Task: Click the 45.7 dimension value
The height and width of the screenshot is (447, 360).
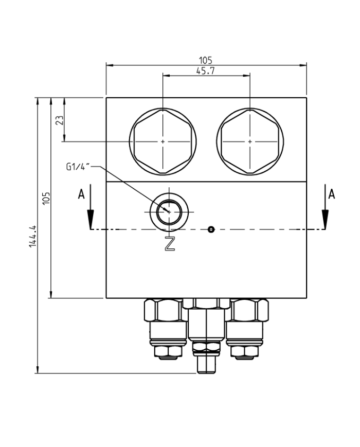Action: pyautogui.click(x=206, y=71)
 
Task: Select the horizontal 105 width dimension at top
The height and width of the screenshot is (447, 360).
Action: pyautogui.click(x=206, y=61)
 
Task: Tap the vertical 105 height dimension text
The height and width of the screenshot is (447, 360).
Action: pyautogui.click(x=46, y=198)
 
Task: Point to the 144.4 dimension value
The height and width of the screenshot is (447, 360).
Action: pyautogui.click(x=32, y=236)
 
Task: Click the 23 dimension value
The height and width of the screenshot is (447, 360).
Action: pyautogui.click(x=60, y=120)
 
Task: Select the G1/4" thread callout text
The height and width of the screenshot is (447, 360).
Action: pyautogui.click(x=78, y=166)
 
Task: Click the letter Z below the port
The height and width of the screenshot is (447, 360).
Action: pyautogui.click(x=170, y=244)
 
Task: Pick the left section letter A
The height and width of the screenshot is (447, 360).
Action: pyautogui.click(x=80, y=194)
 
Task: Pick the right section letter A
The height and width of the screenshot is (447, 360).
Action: pyautogui.click(x=332, y=194)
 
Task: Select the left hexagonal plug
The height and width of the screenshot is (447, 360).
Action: pyautogui.click(x=163, y=141)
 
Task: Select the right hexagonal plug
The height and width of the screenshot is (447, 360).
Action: pyautogui.click(x=250, y=141)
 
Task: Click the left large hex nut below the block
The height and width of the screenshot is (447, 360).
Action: pyautogui.click(x=164, y=310)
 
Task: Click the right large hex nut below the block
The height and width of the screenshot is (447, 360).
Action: pyautogui.click(x=249, y=310)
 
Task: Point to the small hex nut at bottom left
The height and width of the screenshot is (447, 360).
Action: pyautogui.click(x=168, y=352)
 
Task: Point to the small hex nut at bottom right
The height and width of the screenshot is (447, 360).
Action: pyautogui.click(x=245, y=352)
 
